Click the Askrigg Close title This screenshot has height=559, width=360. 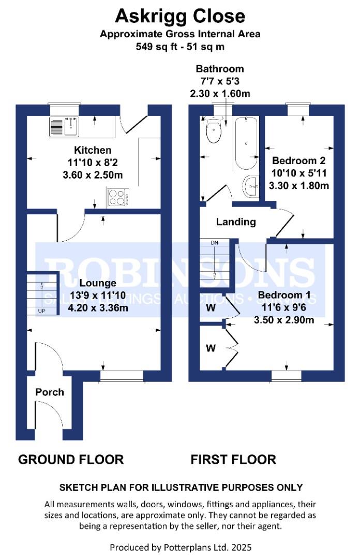[179, 16]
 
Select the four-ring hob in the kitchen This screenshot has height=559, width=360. [118, 198]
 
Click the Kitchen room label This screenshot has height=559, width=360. [93, 151]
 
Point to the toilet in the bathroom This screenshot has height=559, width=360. [213, 132]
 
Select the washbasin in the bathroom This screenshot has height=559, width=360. [251, 186]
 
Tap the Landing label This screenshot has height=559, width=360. [236, 222]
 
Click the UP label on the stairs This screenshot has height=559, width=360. [41, 311]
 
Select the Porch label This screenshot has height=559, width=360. [50, 392]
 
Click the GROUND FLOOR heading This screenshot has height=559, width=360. [71, 459]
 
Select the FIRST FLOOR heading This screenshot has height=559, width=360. [233, 459]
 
